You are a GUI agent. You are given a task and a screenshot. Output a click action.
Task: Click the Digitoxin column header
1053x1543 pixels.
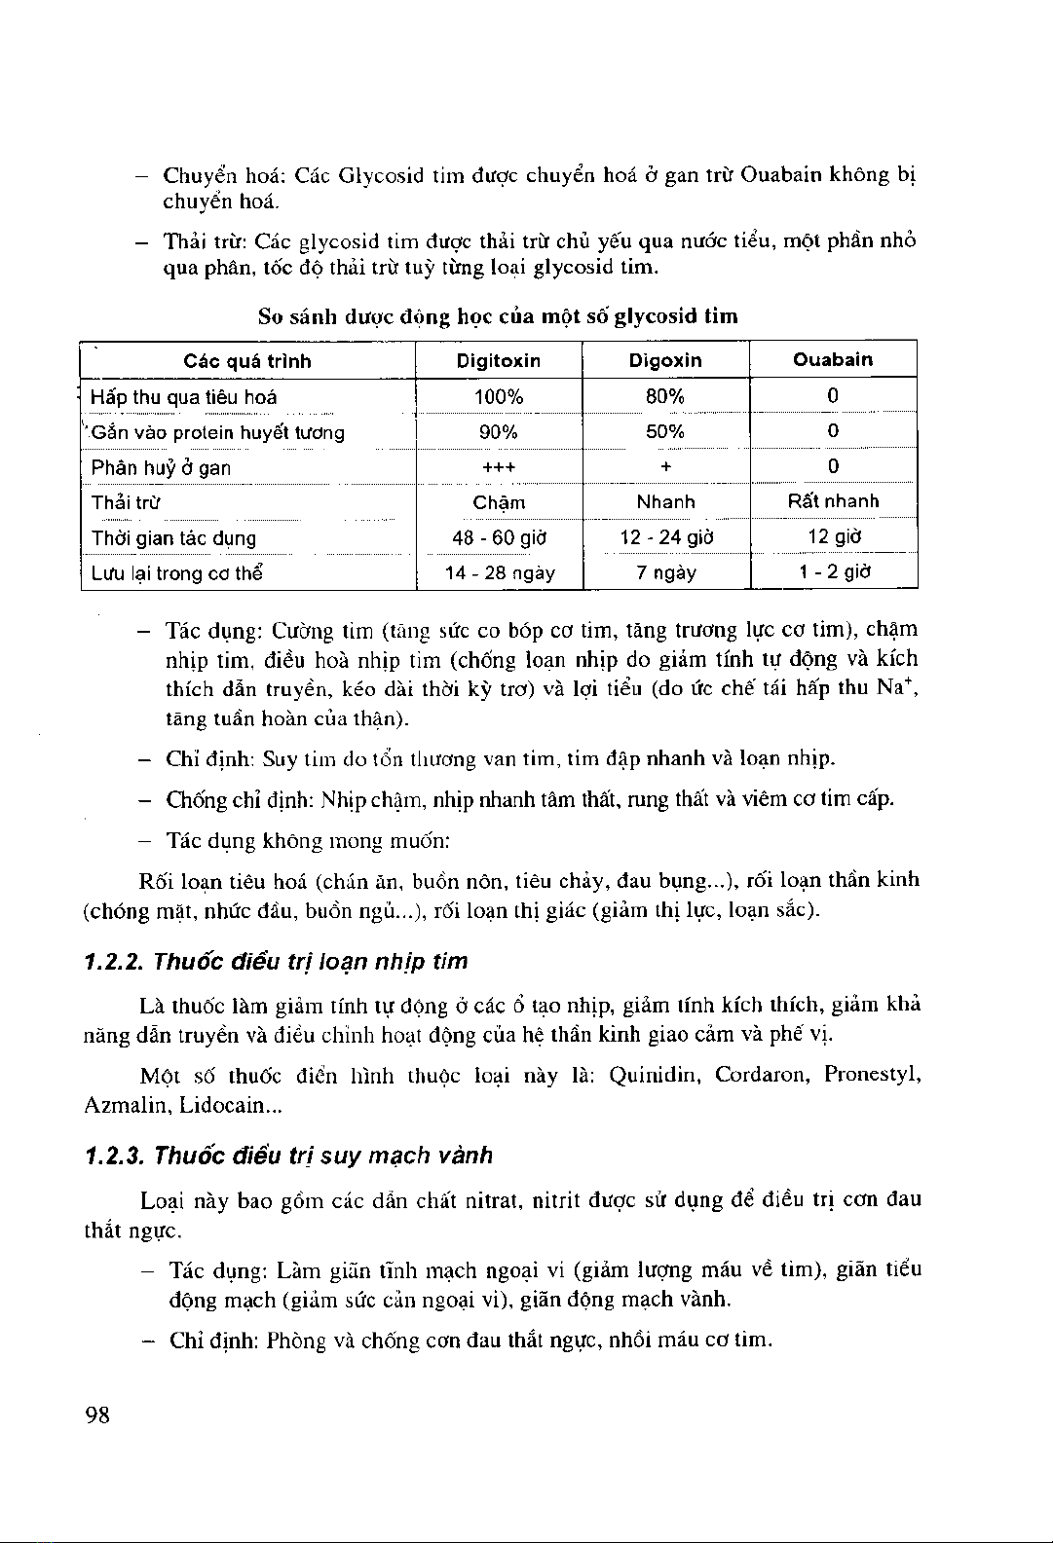(499, 361)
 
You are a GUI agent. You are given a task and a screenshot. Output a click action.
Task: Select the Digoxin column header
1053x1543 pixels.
(665, 360)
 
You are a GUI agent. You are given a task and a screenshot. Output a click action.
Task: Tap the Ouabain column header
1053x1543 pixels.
(833, 359)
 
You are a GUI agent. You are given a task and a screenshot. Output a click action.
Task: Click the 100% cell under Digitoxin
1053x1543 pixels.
(499, 397)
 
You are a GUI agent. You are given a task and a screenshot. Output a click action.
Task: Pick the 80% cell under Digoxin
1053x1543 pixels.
(665, 396)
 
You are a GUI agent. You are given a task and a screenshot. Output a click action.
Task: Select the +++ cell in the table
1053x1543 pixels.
(499, 467)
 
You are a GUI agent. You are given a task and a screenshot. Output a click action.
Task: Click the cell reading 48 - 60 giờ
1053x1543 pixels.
(499, 537)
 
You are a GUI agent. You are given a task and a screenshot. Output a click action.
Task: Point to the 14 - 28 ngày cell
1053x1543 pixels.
(499, 573)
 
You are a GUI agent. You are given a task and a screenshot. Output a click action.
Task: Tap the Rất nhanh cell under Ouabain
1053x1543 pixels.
(833, 501)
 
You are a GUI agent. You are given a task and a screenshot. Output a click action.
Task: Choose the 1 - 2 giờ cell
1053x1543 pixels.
(833, 572)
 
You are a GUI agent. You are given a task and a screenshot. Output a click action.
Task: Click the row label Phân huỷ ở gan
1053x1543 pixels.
(161, 467)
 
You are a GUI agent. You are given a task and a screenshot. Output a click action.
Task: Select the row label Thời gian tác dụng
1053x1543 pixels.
(173, 538)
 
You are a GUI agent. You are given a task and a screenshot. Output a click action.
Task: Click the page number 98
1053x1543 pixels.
(97, 1414)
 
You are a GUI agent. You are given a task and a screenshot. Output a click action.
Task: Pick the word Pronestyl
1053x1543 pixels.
(872, 1076)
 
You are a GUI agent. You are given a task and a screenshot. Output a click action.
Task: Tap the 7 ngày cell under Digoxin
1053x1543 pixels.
(665, 573)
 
